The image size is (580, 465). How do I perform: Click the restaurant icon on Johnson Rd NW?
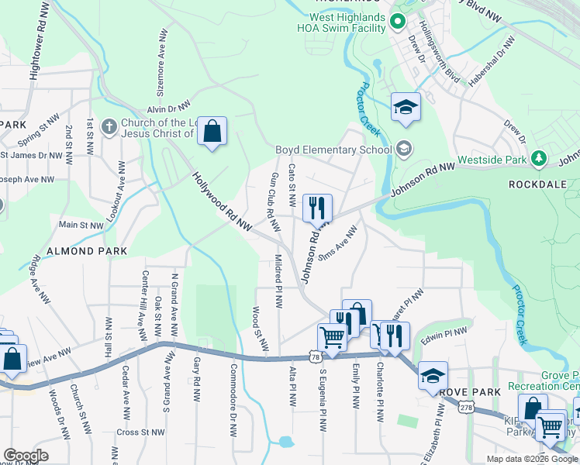point(316,208)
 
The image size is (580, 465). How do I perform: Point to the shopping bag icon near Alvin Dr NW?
point(212,132)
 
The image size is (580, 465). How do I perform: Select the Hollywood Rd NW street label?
point(223,201)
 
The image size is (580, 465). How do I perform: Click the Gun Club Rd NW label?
point(273,202)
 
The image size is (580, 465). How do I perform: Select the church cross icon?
point(110,126)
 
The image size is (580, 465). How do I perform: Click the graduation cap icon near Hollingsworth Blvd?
point(405,108)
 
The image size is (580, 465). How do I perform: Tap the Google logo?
point(26,456)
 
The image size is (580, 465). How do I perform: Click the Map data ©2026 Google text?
point(531,459)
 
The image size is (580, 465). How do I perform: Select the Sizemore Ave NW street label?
point(163,62)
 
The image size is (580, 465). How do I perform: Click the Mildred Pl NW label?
point(278,280)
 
